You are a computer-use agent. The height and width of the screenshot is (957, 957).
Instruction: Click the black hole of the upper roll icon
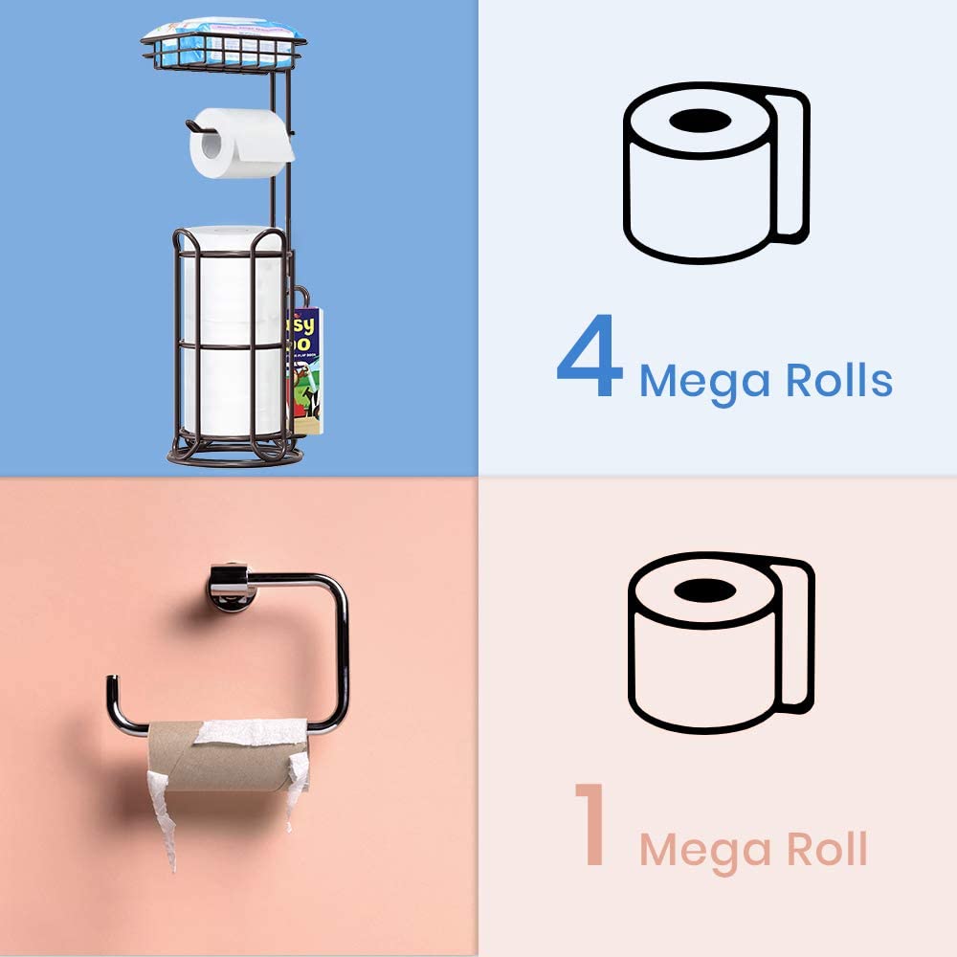[x=696, y=122]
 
